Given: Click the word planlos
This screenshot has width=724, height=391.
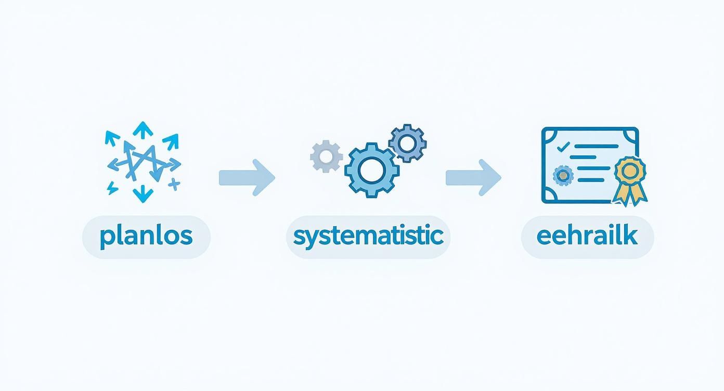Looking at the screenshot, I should click(146, 237).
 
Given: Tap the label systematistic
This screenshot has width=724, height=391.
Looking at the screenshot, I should click(368, 237).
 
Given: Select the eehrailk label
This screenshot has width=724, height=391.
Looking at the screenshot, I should click(587, 237).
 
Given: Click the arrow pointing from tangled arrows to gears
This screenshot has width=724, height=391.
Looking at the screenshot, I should click(247, 177).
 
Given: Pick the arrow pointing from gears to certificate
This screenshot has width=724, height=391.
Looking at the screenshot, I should click(473, 177).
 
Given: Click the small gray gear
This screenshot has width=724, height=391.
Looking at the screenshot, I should click(326, 156).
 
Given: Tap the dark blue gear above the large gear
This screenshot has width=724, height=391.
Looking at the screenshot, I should click(407, 142).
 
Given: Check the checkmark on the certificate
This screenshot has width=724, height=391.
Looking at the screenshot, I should click(562, 148).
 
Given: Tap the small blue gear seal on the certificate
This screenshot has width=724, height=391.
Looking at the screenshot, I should click(562, 176).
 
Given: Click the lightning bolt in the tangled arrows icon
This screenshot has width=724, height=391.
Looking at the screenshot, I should click(112, 188).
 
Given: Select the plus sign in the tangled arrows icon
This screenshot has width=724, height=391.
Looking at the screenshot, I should click(174, 184).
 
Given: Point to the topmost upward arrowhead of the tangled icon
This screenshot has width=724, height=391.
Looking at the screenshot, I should click(140, 127).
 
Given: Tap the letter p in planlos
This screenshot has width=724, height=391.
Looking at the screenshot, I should click(106, 238).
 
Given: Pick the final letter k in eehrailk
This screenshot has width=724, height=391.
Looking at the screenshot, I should click(631, 236).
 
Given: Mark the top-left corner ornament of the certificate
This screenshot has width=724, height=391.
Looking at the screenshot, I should click(548, 134).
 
